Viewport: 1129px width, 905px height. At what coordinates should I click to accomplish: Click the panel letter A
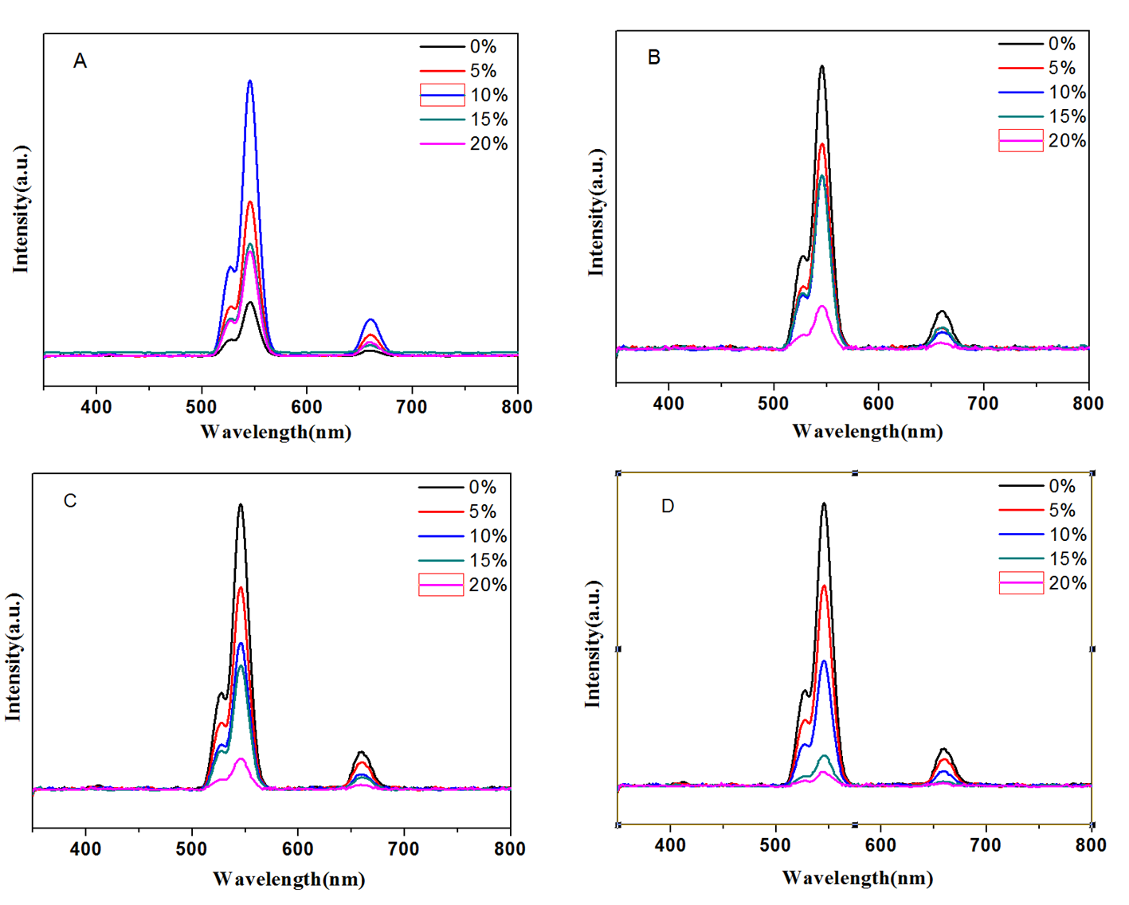click(x=80, y=61)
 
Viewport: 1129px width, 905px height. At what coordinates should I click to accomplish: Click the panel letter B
click(x=654, y=57)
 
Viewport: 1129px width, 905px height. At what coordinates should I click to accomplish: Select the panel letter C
click(x=70, y=501)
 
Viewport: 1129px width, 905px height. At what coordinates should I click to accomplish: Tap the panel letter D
click(x=668, y=507)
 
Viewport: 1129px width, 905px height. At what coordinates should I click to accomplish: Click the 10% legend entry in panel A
click(x=465, y=96)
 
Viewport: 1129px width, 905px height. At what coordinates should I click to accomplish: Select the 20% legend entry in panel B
click(x=1043, y=141)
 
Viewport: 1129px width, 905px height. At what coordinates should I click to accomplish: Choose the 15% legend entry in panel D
click(x=1043, y=559)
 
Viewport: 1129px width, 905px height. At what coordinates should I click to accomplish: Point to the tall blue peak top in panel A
click(x=250, y=81)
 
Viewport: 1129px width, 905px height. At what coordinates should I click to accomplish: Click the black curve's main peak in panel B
click(x=821, y=67)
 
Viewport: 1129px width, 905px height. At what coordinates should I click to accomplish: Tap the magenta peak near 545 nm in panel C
click(x=240, y=759)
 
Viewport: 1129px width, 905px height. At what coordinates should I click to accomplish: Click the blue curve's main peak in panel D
click(x=824, y=661)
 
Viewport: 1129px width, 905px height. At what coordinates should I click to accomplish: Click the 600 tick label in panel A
click(x=307, y=407)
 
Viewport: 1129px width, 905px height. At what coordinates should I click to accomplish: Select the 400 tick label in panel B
click(x=668, y=404)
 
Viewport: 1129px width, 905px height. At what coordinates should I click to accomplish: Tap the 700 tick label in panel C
click(x=404, y=849)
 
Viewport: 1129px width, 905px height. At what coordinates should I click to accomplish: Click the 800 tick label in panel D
click(x=1091, y=845)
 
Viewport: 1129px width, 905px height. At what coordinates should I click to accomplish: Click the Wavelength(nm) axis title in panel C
click(x=289, y=880)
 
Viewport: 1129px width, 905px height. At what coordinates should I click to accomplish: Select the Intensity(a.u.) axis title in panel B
click(x=596, y=213)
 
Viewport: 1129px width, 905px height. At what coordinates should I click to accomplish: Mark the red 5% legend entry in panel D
click(x=1043, y=511)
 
